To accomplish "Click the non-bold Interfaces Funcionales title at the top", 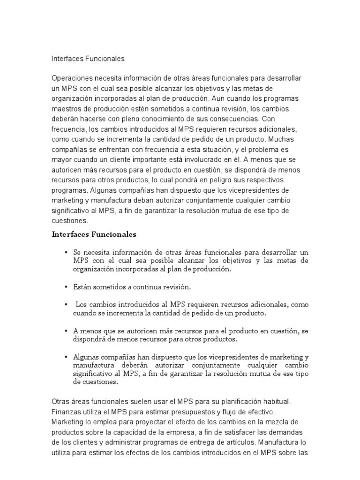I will (x=88, y=59).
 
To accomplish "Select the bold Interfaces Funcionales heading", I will (x=93, y=234).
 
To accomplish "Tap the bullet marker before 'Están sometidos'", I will (x=67, y=286).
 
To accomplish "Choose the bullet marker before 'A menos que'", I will (x=67, y=331).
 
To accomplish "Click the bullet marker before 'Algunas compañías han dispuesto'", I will (x=67, y=357).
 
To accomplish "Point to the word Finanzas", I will (x=66, y=412).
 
